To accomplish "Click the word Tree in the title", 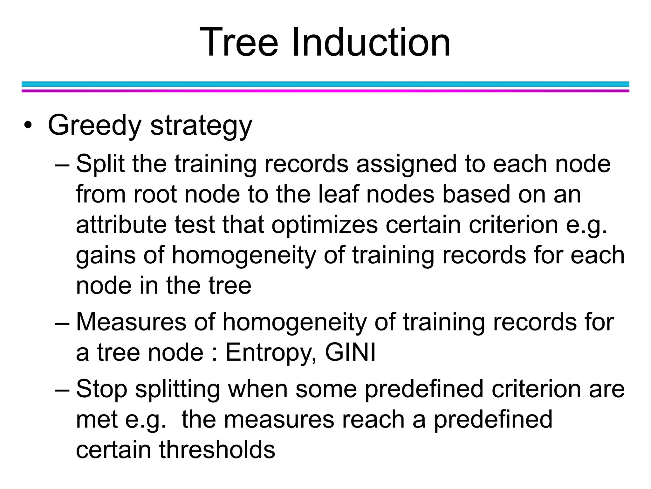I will click(x=239, y=42).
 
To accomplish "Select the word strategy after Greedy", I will click(x=201, y=126).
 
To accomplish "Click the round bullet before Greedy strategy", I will click(x=28, y=125).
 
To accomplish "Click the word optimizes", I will click(x=325, y=225).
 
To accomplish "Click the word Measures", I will click(x=131, y=322).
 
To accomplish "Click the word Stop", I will click(x=102, y=389).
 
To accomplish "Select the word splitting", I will click(x=177, y=389).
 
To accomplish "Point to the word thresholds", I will click(x=217, y=450).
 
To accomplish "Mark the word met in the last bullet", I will click(x=97, y=420).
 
